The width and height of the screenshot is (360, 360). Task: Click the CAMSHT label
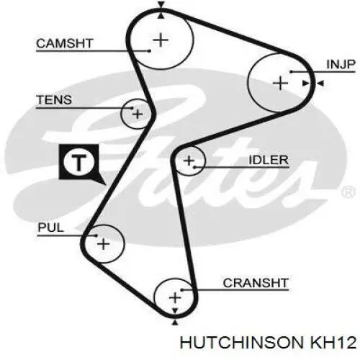[x=64, y=43]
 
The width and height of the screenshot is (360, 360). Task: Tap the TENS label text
[x=54, y=99]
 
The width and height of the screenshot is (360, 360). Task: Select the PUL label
[x=50, y=228]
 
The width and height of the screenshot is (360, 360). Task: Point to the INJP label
[x=341, y=64]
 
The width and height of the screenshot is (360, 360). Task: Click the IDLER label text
[x=269, y=160]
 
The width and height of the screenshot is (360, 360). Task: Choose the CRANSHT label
[x=256, y=283]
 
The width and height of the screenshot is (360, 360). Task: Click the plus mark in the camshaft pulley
[x=161, y=40]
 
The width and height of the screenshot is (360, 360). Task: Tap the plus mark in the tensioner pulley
[x=138, y=114]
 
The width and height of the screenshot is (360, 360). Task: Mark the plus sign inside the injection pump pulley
[x=280, y=84]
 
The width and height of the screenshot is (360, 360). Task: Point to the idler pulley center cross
[x=189, y=161]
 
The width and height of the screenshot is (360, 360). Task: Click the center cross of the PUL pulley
[x=104, y=244]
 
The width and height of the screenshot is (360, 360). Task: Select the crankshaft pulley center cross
[x=175, y=298]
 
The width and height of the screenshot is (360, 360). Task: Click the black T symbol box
[x=81, y=163]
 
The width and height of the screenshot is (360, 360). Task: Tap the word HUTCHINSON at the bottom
[x=242, y=343]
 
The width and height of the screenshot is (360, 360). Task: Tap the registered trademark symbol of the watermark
[x=348, y=192]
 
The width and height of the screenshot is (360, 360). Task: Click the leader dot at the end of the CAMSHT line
[x=149, y=51]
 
